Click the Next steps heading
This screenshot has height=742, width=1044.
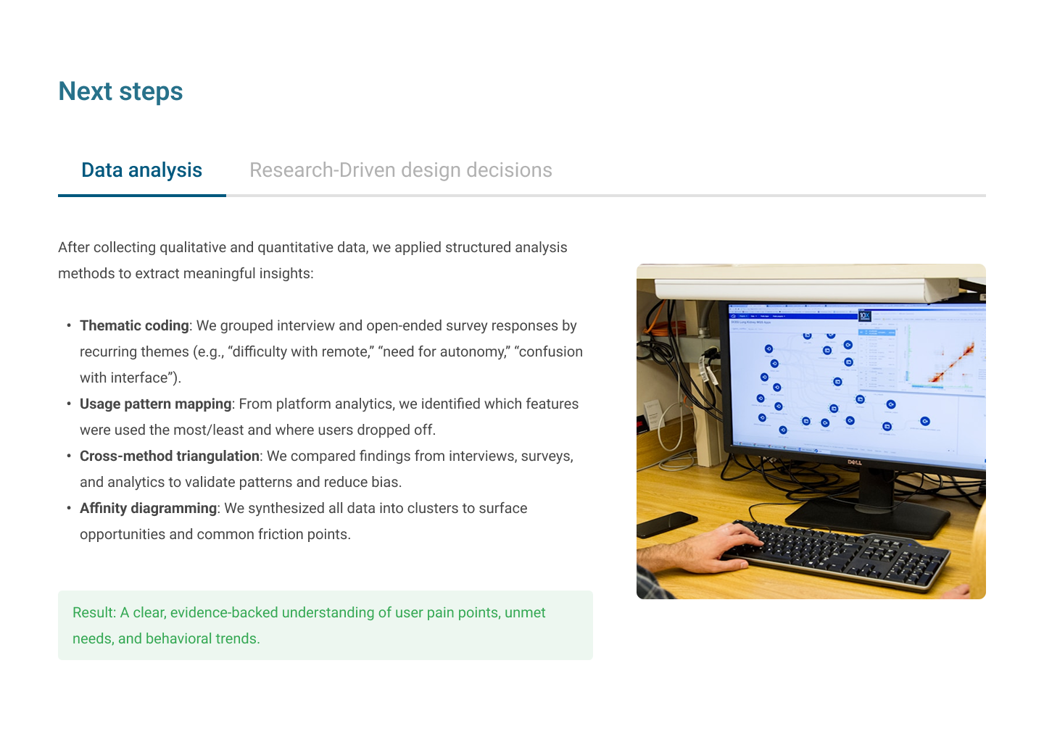point(120,91)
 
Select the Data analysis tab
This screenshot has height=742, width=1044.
point(141,170)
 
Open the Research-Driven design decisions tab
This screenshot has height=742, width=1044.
point(401,170)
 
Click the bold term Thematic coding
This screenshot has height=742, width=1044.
point(134,325)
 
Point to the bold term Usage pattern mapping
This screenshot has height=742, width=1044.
point(156,404)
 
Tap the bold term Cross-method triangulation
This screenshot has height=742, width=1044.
point(170,456)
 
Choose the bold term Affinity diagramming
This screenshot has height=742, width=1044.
point(148,508)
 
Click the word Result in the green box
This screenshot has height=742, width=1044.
point(93,612)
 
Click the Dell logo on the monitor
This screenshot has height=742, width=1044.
point(854,462)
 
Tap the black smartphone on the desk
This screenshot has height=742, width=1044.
point(667,525)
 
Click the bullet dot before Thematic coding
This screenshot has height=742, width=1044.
point(69,325)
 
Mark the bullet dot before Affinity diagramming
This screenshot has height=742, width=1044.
point(69,508)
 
